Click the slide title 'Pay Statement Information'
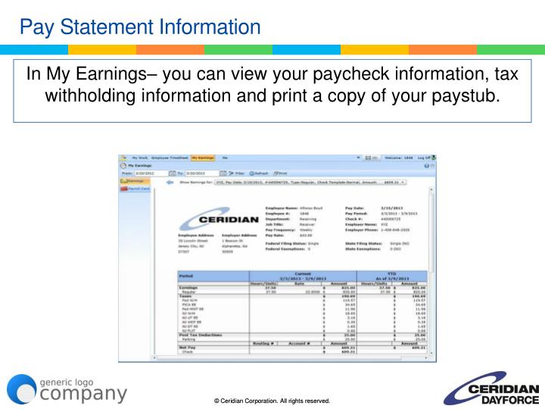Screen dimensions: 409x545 pyautogui.click(x=140, y=28)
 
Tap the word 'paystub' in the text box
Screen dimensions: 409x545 pyautogui.click(x=462, y=97)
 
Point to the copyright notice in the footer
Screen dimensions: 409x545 pyautogui.click(x=272, y=400)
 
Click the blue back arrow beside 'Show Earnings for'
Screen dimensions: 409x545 pyautogui.click(x=170, y=183)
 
